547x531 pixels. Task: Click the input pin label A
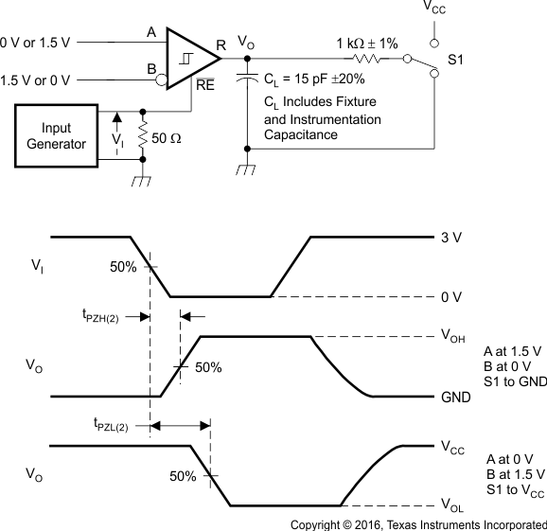pyautogui.click(x=150, y=33)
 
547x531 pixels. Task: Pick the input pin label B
pyautogui.click(x=150, y=68)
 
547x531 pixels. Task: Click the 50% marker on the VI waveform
pyautogui.click(x=123, y=267)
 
